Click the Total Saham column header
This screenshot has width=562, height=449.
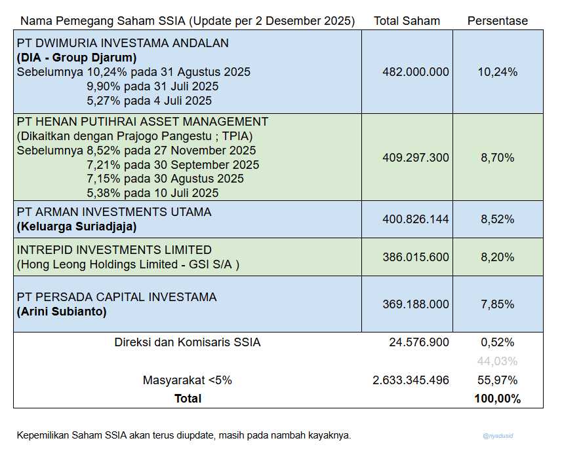point(407,21)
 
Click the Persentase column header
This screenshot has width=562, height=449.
point(497,21)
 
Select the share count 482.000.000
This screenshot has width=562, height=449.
point(416,72)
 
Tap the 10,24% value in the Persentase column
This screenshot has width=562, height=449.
point(497,72)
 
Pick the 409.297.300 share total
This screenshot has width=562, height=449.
point(416,158)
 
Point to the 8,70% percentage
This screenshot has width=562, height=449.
point(497,158)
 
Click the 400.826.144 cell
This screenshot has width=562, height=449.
point(416,219)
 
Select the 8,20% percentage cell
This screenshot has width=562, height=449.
point(497,257)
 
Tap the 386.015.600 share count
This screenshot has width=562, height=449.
point(416,257)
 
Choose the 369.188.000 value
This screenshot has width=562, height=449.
point(416,304)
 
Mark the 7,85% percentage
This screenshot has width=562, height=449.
point(497,304)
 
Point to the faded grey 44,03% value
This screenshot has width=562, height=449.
point(497,361)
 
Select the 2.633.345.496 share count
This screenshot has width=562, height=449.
point(411,380)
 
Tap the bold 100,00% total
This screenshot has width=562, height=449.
point(497,399)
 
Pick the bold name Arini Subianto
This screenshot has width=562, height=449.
point(62,312)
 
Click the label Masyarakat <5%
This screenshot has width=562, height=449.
point(187,380)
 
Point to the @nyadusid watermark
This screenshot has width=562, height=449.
point(497,435)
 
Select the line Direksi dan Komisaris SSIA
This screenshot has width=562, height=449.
point(187,342)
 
